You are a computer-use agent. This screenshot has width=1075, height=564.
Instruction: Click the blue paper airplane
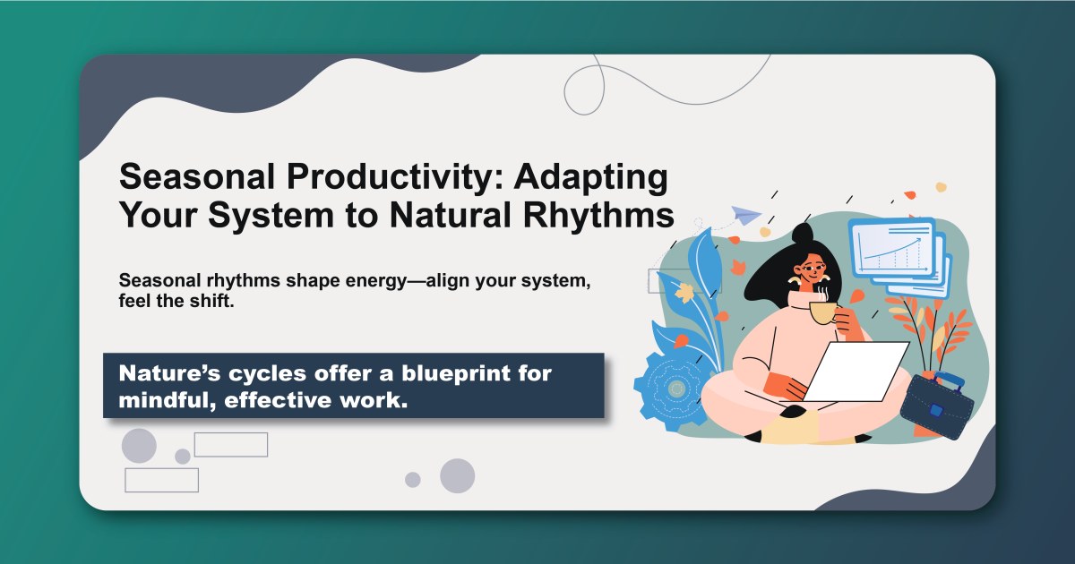pos(744,215)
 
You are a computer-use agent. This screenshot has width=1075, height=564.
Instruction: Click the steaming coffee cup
pos(822,312)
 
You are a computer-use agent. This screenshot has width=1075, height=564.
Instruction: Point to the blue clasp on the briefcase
pos(935,411)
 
